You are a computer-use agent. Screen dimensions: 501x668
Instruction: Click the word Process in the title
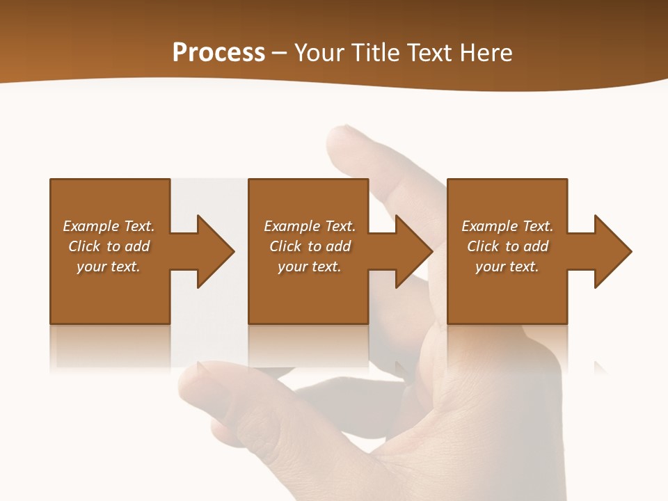pos(218,53)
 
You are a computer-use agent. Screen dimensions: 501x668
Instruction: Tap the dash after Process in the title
pos(280,54)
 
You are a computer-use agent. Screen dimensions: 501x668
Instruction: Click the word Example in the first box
pos(90,226)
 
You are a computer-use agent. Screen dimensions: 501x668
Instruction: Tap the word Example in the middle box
pos(292,226)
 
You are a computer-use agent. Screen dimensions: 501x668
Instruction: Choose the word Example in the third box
pos(489,226)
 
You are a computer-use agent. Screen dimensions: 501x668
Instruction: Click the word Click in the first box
pos(84,246)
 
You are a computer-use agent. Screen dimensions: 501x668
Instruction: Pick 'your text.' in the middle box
pos(309,267)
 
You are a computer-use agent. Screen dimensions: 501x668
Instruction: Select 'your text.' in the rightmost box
pos(507,267)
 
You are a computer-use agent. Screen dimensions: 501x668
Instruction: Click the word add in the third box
pos(536,246)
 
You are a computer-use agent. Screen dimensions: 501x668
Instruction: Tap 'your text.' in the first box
pos(108,267)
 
